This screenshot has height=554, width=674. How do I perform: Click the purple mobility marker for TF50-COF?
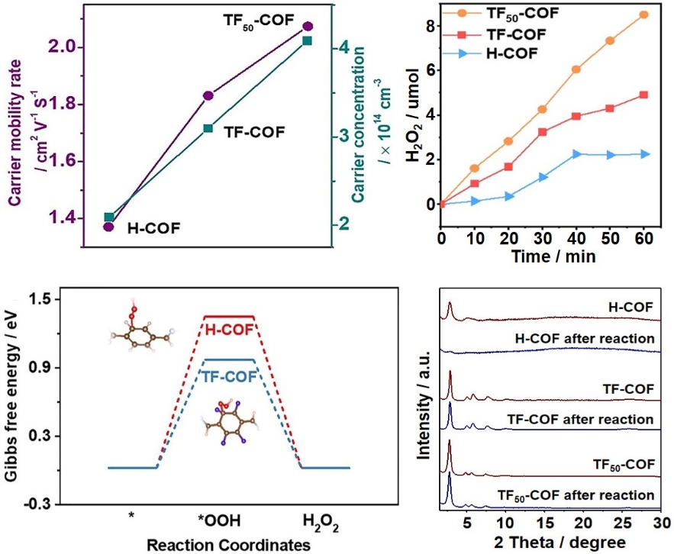click(308, 27)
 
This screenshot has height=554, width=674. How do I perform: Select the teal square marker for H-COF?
click(108, 217)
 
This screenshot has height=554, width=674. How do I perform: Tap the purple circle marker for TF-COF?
click(208, 95)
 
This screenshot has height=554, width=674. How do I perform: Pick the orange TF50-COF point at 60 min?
click(644, 14)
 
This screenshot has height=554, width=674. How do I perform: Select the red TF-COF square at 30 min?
click(542, 132)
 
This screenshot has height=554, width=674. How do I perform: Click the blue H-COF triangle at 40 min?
click(577, 154)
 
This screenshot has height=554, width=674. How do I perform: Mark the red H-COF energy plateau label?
click(228, 329)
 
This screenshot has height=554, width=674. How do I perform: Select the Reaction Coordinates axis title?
click(228, 545)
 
